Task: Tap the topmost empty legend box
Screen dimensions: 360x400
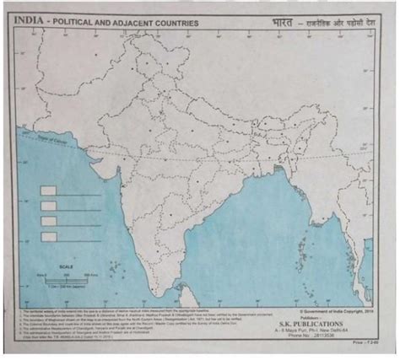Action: pos(49,191)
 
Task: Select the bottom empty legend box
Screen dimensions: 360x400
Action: pos(49,236)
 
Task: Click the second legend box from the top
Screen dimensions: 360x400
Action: pos(49,206)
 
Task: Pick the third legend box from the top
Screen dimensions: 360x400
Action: pos(49,221)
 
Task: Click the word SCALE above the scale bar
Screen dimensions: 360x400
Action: pos(67,267)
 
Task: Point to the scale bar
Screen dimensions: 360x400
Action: pos(66,277)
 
